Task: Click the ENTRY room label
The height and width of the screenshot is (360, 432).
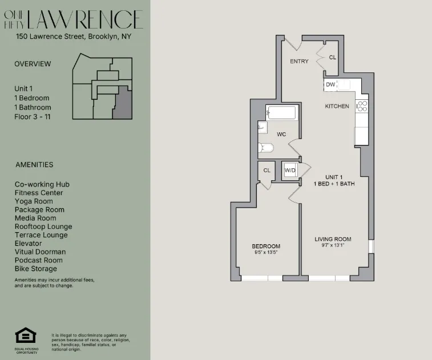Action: [299, 62]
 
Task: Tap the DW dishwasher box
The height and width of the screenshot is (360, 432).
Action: [330, 85]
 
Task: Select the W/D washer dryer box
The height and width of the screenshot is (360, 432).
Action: [290, 170]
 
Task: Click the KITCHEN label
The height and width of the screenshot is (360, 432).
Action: [337, 106]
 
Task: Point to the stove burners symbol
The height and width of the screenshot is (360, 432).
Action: [361, 106]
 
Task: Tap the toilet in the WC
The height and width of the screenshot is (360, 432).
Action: [266, 148]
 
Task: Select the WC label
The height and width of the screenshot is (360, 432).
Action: [281, 135]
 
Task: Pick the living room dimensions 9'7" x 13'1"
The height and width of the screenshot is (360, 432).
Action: [333, 245]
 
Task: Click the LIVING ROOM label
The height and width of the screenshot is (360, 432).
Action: [333, 239]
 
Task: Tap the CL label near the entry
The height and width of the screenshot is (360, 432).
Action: [332, 58]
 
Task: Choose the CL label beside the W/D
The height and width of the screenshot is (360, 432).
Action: [267, 170]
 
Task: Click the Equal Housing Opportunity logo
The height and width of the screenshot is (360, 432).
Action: [26, 337]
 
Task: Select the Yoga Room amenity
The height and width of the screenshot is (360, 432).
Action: [34, 201]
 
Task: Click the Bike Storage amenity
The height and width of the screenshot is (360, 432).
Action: [36, 269]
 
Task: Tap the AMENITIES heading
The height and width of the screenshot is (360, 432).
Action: [34, 165]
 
